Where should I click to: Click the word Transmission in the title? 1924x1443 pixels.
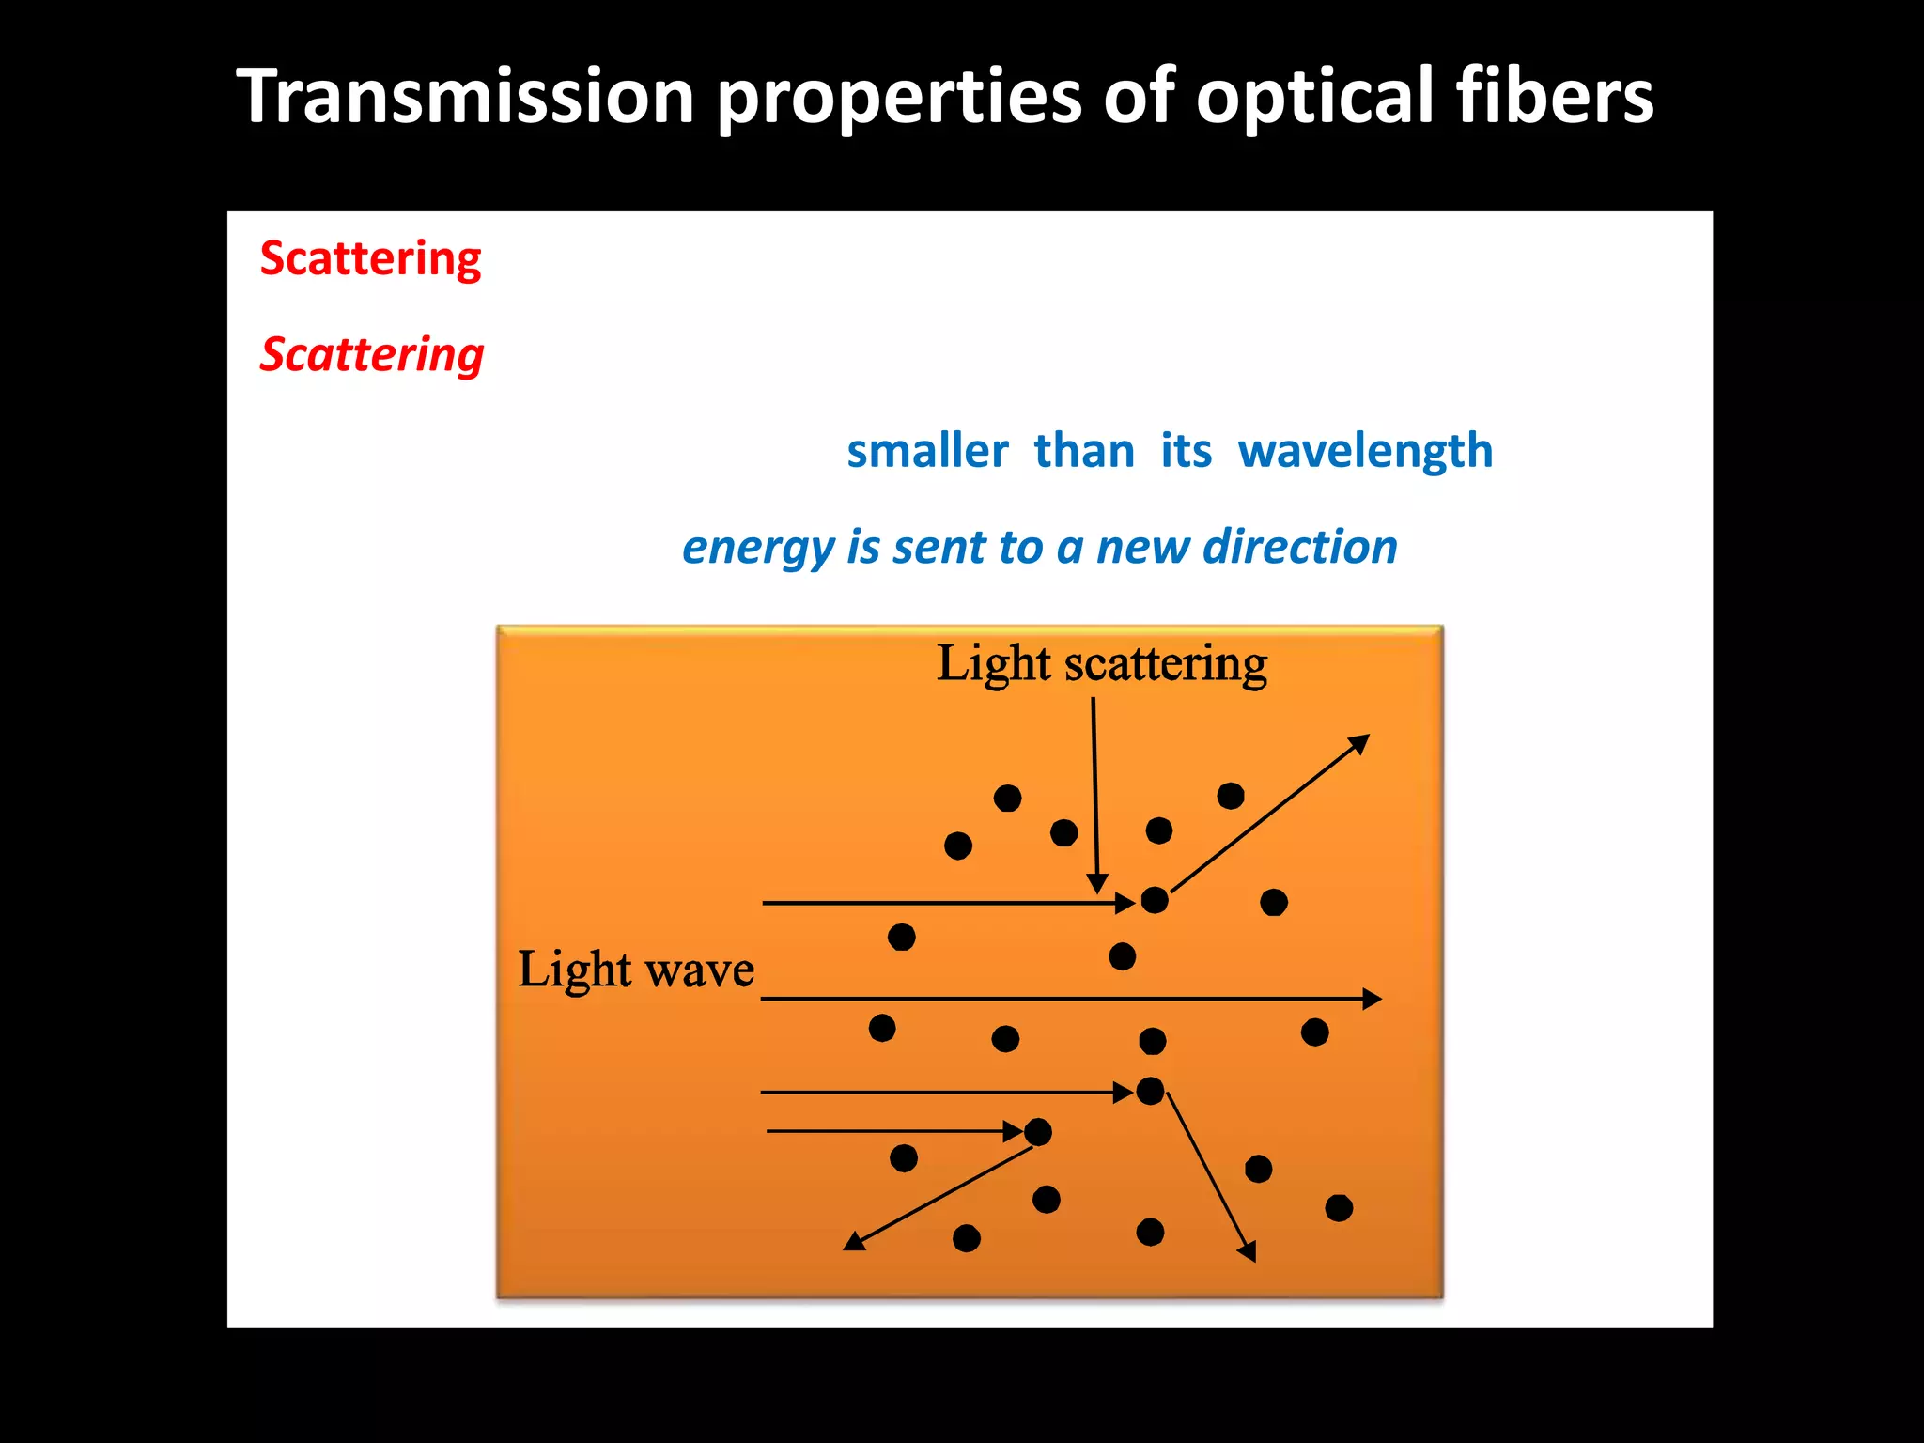pos(465,96)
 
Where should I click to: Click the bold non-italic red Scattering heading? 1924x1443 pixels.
pos(370,258)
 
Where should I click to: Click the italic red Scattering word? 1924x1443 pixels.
pos(372,355)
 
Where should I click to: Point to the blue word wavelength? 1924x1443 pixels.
pos(1365,451)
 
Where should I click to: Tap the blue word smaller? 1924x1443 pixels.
pos(927,451)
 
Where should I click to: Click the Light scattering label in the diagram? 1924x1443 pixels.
pos(1101,664)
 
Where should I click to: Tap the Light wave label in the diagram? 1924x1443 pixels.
pos(636,970)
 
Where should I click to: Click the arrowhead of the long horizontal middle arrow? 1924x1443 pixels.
pos(1372,999)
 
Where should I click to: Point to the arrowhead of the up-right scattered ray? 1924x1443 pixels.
pos(1359,744)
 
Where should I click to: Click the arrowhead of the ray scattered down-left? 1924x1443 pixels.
pos(854,1242)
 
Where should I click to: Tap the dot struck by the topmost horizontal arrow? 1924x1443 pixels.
pos(1154,900)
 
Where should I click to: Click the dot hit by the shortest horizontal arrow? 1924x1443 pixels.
pos(1037,1132)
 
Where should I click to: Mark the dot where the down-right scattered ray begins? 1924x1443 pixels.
pos(1150,1091)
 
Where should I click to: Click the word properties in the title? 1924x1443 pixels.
pos(899,96)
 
